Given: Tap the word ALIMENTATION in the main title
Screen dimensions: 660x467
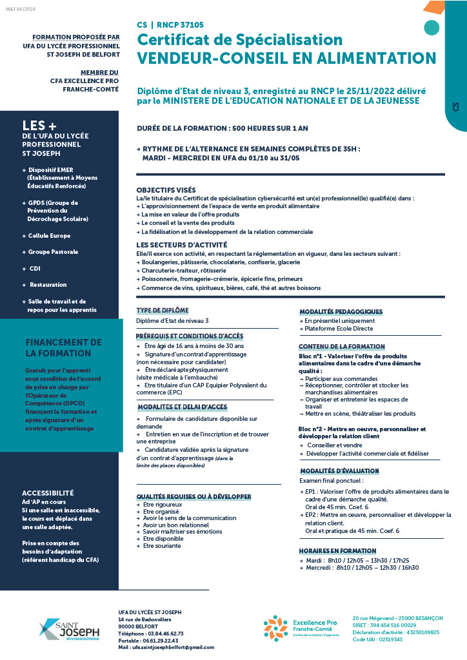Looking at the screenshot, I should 380,59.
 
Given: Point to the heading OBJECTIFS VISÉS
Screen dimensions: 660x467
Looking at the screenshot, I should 166,190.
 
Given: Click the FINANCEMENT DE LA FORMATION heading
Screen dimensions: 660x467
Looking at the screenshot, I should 63,347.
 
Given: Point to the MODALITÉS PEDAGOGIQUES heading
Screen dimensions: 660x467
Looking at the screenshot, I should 341,312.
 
